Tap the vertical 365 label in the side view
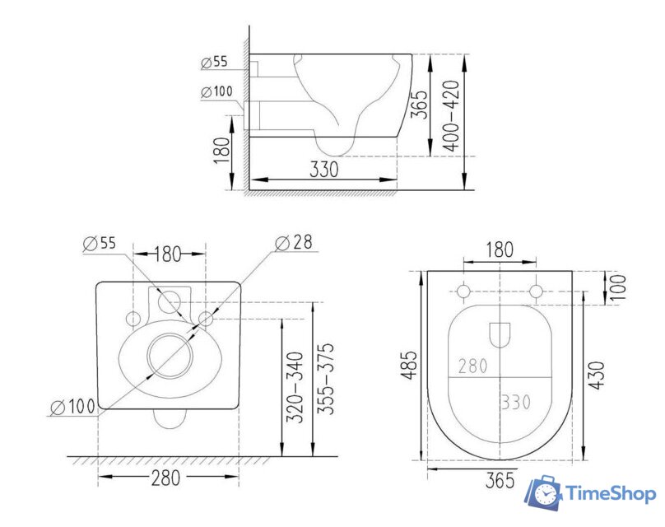point(419,105)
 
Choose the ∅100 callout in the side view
point(216,91)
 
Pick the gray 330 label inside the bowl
point(515,403)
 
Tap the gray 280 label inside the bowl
point(472,365)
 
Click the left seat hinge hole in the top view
point(463,292)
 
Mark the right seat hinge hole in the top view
point(536,292)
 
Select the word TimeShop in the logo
point(610,492)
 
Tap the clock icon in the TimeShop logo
point(544,493)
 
